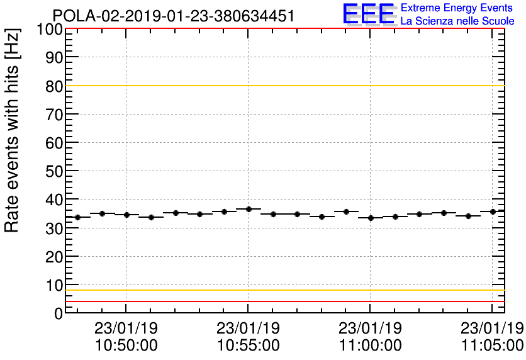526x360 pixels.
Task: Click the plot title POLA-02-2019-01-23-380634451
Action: (x=173, y=16)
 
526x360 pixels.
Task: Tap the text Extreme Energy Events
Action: (x=457, y=8)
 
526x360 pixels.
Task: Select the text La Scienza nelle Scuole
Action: (x=457, y=21)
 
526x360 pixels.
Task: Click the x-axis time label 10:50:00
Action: (x=126, y=346)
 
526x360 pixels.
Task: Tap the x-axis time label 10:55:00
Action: (x=248, y=346)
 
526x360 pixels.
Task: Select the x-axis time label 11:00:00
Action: (x=370, y=346)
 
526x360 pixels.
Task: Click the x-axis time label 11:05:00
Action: (x=491, y=346)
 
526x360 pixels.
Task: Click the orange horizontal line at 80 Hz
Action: (x=283, y=86)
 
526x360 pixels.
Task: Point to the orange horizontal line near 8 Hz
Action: (x=283, y=290)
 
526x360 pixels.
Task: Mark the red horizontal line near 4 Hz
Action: (x=283, y=301)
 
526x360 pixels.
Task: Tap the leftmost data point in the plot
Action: (x=78, y=217)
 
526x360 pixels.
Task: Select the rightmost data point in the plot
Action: (x=493, y=211)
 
